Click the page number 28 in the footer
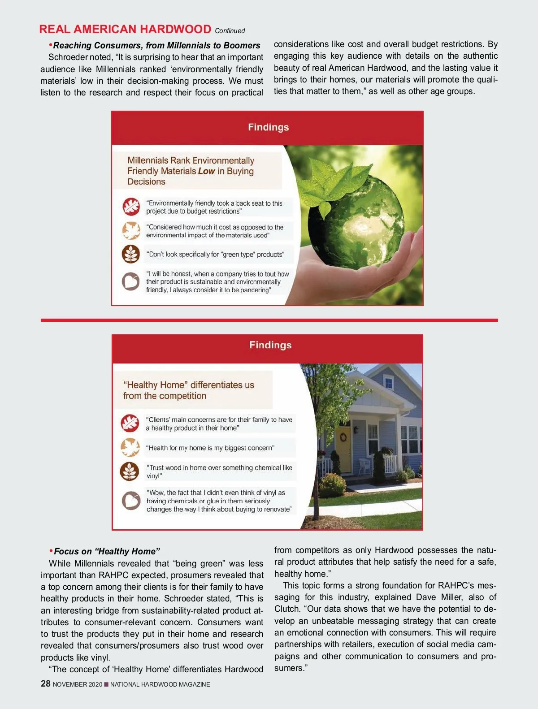45,683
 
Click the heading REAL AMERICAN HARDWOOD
125,30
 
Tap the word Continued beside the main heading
230,31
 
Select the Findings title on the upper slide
268,127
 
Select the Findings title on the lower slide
270,345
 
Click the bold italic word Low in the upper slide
206,171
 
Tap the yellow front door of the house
344,448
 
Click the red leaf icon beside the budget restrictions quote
131,207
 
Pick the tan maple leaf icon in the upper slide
131,230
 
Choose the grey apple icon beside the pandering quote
131,281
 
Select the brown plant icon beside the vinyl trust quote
130,471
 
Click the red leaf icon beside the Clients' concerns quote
130,424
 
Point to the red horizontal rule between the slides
269,320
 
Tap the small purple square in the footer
106,684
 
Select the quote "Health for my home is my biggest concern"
210,448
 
